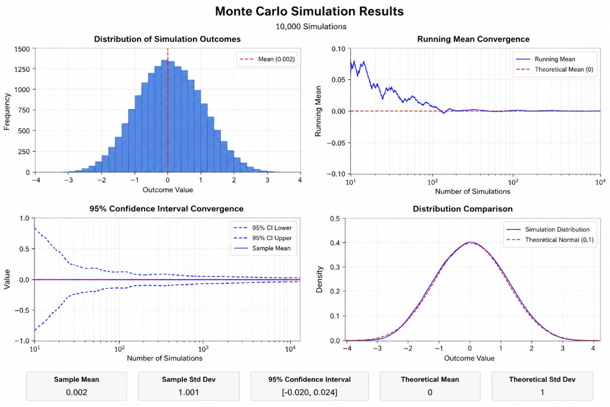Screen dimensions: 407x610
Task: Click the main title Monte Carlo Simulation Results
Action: [x=309, y=11]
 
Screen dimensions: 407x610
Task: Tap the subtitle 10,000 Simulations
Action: [x=311, y=26]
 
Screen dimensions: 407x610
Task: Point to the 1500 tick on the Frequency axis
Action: [x=23, y=49]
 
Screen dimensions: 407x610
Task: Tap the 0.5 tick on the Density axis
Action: [x=334, y=219]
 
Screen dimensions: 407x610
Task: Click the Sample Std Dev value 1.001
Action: [x=188, y=393]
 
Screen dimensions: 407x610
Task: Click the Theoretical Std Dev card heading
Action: [x=541, y=379]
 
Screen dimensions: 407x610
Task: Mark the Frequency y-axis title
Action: [x=7, y=110]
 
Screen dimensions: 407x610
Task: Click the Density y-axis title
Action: [x=320, y=279]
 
